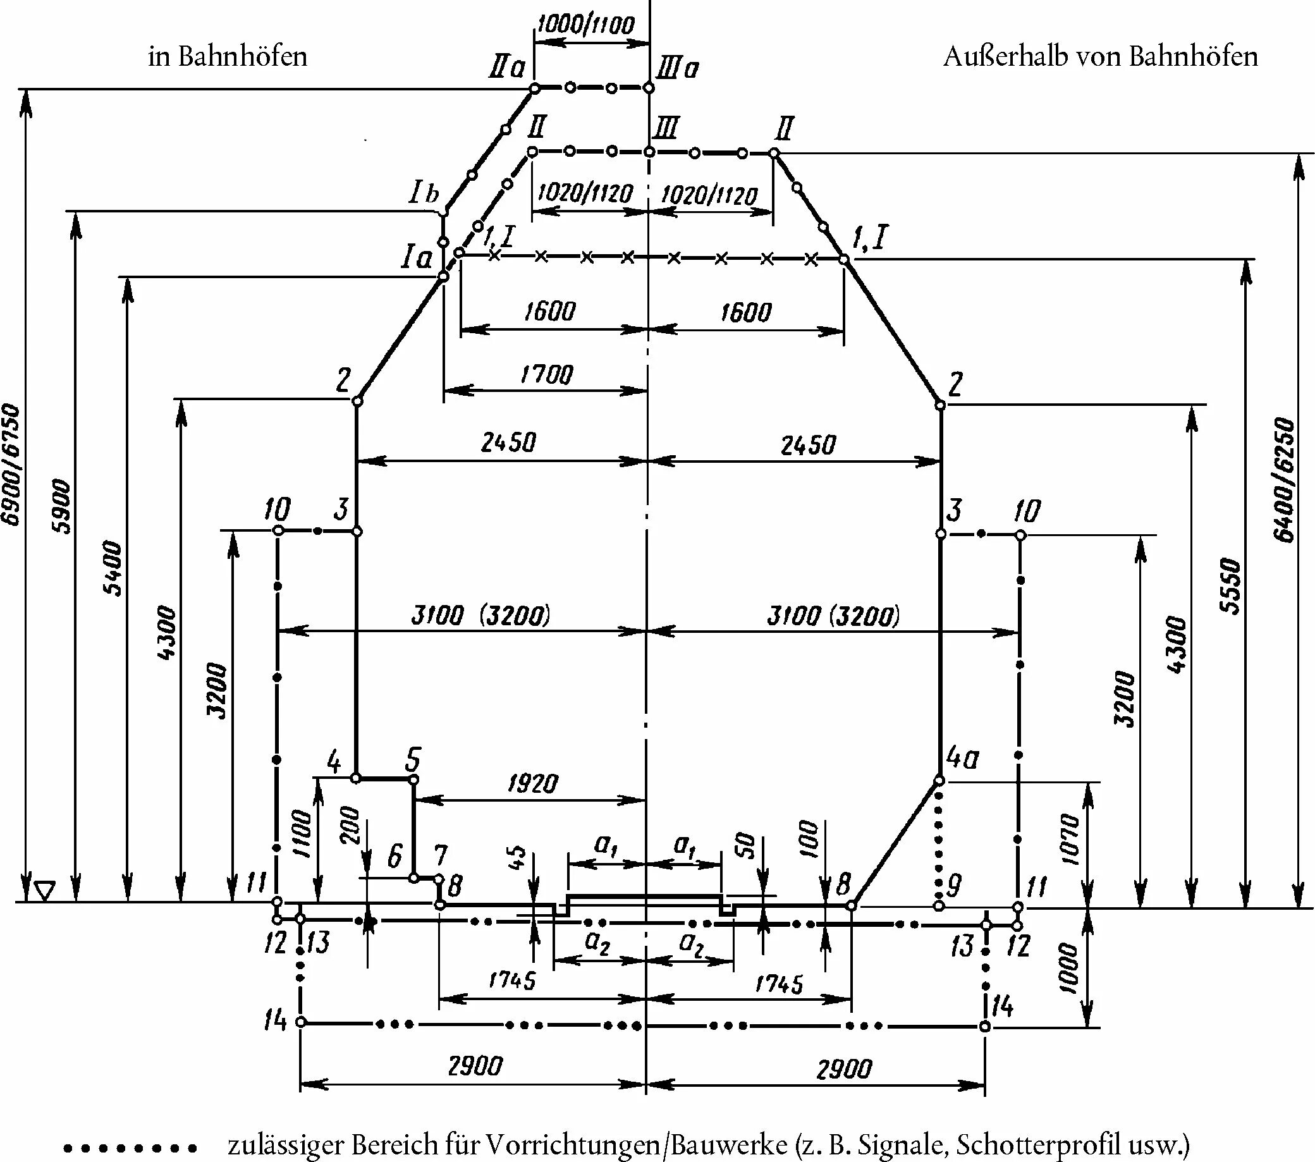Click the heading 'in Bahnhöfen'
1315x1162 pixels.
click(x=228, y=57)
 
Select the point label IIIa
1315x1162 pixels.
click(x=678, y=68)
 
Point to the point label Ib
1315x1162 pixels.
click(x=424, y=193)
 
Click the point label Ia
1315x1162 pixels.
click(x=416, y=259)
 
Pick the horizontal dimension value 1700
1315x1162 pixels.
click(x=547, y=374)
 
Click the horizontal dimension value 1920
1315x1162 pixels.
click(x=533, y=783)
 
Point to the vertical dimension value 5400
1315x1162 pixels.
click(x=114, y=569)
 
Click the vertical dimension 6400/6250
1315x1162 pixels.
click(x=1284, y=479)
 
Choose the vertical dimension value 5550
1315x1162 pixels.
click(x=1230, y=585)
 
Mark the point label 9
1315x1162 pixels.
click(x=954, y=886)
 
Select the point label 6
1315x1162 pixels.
click(x=395, y=857)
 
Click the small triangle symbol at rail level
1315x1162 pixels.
click(x=44, y=891)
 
